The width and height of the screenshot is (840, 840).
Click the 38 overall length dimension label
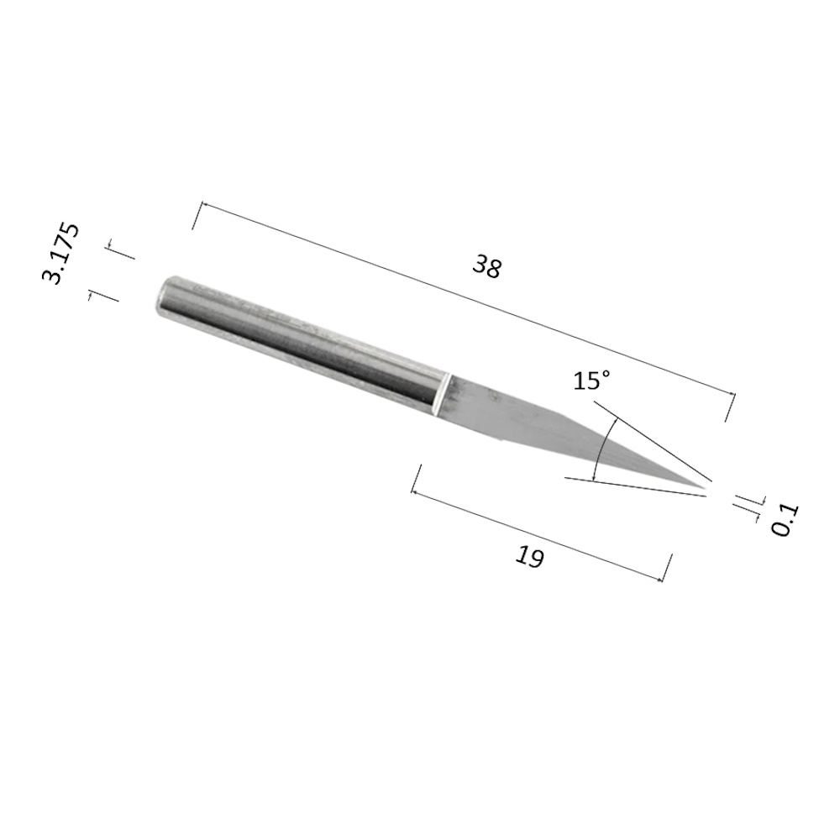pyautogui.click(x=487, y=267)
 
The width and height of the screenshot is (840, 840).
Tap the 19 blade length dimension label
pyautogui.click(x=530, y=557)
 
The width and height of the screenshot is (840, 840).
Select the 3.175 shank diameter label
pyautogui.click(x=60, y=254)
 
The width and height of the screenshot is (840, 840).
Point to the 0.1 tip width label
pyautogui.click(x=785, y=520)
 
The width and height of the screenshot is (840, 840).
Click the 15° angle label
pyautogui.click(x=591, y=381)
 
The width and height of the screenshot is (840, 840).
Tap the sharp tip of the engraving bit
pyautogui.click(x=705, y=487)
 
